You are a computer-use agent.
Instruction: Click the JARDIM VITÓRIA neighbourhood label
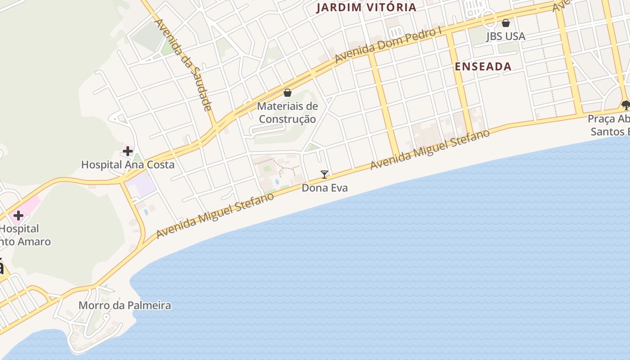pos(366,7)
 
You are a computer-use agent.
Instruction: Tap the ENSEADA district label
pos(483,67)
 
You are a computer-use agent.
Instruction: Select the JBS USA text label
pos(505,36)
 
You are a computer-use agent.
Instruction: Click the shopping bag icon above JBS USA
pos(506,22)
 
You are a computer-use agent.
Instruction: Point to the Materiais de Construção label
pos(287,112)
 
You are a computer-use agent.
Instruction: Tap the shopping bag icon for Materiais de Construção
pos(287,93)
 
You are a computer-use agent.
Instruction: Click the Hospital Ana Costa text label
pos(128,165)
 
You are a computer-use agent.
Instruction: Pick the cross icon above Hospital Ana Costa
pos(128,151)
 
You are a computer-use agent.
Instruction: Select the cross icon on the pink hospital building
pos(18,215)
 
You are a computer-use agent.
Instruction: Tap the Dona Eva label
pos(324,188)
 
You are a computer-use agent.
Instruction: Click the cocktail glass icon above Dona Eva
pos(324,174)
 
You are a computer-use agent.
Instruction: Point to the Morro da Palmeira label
pos(125,306)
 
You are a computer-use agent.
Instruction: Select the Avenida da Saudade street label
pos(183,64)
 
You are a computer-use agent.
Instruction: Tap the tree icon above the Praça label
pos(625,105)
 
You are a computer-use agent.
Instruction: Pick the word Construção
pos(287,119)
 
